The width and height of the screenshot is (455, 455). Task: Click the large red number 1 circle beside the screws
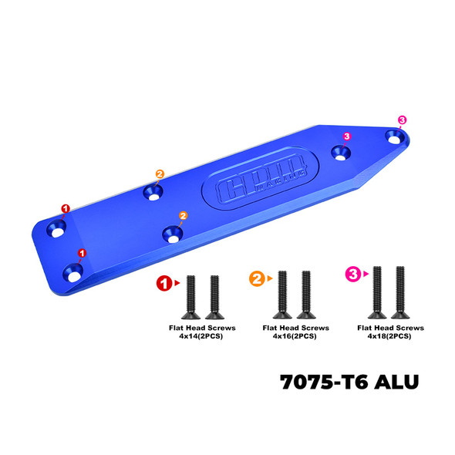[163, 283]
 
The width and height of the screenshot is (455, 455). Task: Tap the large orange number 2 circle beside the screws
[256, 277]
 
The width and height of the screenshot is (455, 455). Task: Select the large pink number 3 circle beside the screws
[352, 274]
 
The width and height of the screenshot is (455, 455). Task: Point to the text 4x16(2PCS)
[294, 335]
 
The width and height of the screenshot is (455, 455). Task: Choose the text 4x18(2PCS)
[389, 335]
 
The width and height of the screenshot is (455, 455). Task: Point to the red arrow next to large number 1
[178, 283]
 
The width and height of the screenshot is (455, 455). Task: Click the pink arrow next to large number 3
[366, 274]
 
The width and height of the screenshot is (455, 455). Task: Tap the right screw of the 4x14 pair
[211, 298]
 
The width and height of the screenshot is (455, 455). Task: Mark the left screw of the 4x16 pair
[282, 295]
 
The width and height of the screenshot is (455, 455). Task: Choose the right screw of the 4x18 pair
[399, 292]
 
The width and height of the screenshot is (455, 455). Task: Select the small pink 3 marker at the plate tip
[402, 120]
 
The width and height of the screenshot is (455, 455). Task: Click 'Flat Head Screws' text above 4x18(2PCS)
[389, 327]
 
